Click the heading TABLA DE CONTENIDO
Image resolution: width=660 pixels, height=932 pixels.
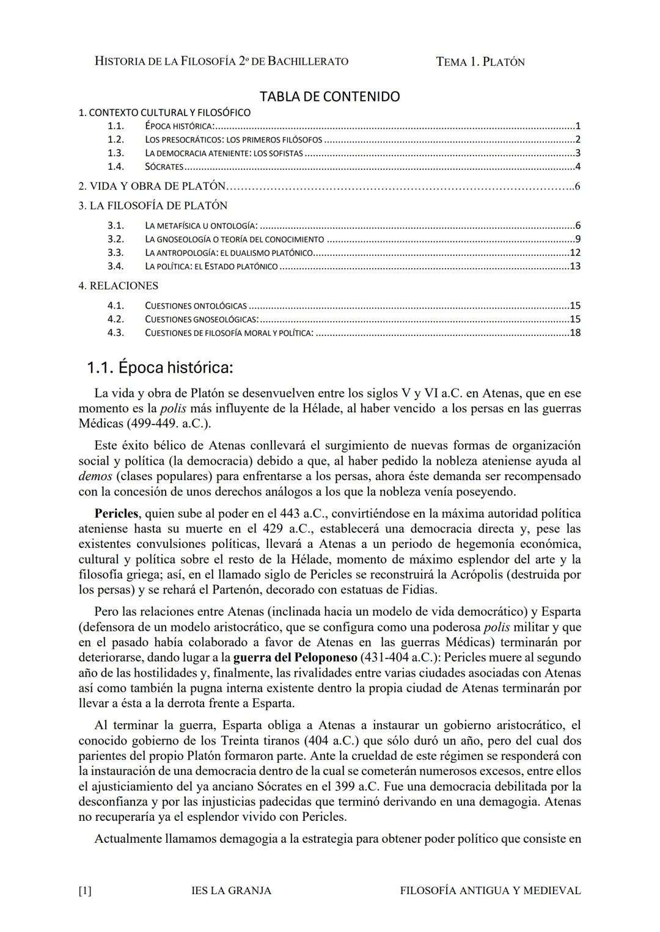coord(329,96)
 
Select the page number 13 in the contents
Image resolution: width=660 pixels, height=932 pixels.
coord(574,266)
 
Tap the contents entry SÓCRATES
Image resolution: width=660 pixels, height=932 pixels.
coord(164,167)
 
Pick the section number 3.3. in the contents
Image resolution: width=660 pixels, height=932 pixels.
coord(116,253)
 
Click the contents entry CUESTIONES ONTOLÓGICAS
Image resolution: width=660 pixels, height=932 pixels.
coord(196,306)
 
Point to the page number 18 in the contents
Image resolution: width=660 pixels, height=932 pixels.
coord(574,333)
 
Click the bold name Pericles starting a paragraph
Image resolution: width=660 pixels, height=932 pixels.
coord(116,514)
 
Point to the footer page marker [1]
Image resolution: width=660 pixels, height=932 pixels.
coord(85,890)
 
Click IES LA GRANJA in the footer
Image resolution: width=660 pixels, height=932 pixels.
coord(231,890)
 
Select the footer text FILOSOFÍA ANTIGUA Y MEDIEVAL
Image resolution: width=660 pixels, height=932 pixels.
coord(490,890)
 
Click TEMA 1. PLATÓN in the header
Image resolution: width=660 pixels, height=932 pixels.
coord(480,62)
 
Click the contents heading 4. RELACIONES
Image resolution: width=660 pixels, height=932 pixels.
coord(118,286)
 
